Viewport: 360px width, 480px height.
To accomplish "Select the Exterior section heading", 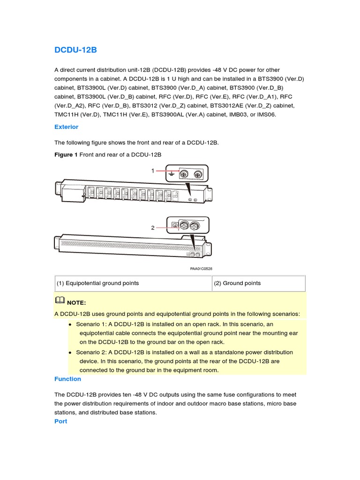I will click(x=66, y=127).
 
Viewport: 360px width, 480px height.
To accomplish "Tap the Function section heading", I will click(x=67, y=379).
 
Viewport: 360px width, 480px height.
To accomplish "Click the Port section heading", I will click(x=60, y=421).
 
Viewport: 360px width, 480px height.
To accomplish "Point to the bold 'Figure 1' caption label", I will click(x=66, y=155).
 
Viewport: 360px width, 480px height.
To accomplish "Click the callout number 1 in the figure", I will click(x=152, y=171).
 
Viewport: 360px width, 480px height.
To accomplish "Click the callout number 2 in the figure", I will click(x=152, y=228).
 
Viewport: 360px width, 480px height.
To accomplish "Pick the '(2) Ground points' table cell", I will click(x=237, y=283).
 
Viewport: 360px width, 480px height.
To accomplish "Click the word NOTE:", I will click(x=76, y=303).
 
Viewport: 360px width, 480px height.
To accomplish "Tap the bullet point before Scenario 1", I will click(x=70, y=324).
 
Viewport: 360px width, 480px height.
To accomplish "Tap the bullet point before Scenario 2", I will click(x=70, y=352).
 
